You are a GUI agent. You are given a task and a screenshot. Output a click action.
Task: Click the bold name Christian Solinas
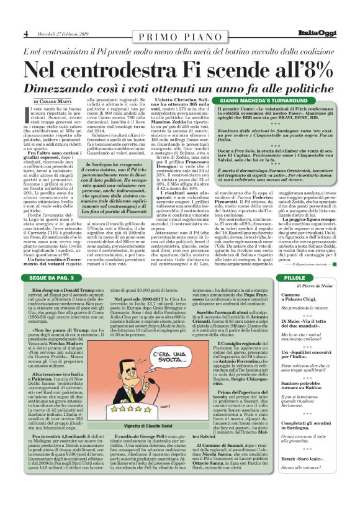[189, 100]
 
